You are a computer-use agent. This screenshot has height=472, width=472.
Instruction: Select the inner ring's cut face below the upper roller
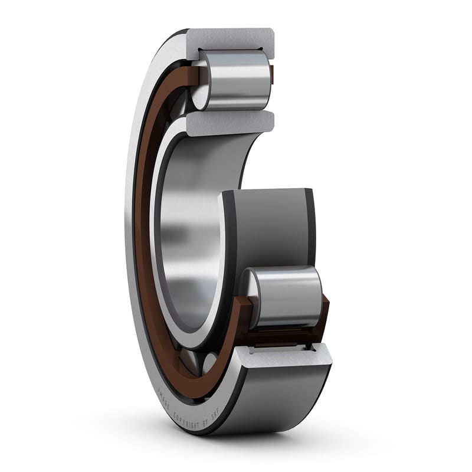(x=230, y=123)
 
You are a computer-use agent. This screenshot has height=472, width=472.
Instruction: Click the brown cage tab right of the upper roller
(x=272, y=74)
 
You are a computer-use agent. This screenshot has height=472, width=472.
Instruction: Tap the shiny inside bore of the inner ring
(x=189, y=236)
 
